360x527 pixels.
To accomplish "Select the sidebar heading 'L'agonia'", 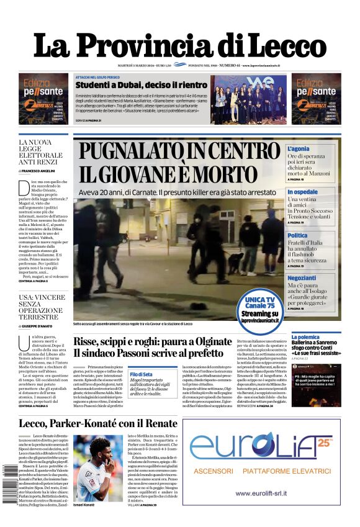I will (298, 149).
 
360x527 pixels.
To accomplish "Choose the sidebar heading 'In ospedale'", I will (302, 192).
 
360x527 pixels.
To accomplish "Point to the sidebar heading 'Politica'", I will (297, 235).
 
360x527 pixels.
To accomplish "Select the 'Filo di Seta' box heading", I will (141, 374).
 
